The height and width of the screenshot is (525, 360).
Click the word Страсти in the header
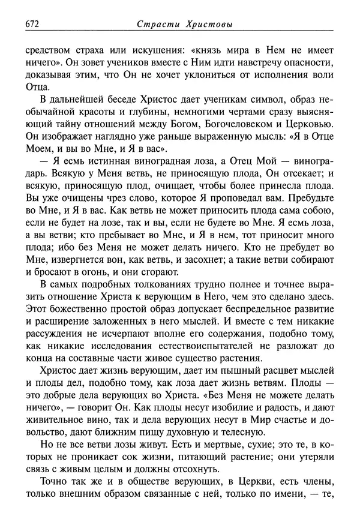pos(158,24)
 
